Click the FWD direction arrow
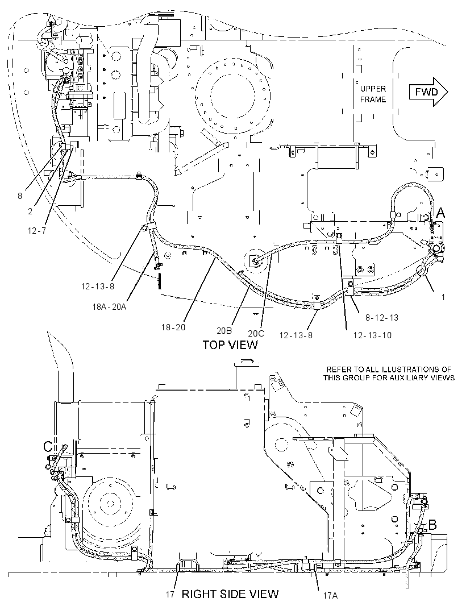(428, 92)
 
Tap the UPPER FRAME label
(373, 94)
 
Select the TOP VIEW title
(230, 344)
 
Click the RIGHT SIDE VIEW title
(230, 593)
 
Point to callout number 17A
(330, 596)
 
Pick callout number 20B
(224, 331)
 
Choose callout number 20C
(256, 333)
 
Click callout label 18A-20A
(109, 307)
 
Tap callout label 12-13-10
(372, 335)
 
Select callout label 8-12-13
(382, 318)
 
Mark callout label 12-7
(37, 231)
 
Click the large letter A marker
(440, 213)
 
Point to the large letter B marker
(433, 525)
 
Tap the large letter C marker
(48, 447)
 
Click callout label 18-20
(173, 327)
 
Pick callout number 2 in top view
(30, 211)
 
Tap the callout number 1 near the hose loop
(443, 297)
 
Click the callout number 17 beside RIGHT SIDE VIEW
(170, 595)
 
